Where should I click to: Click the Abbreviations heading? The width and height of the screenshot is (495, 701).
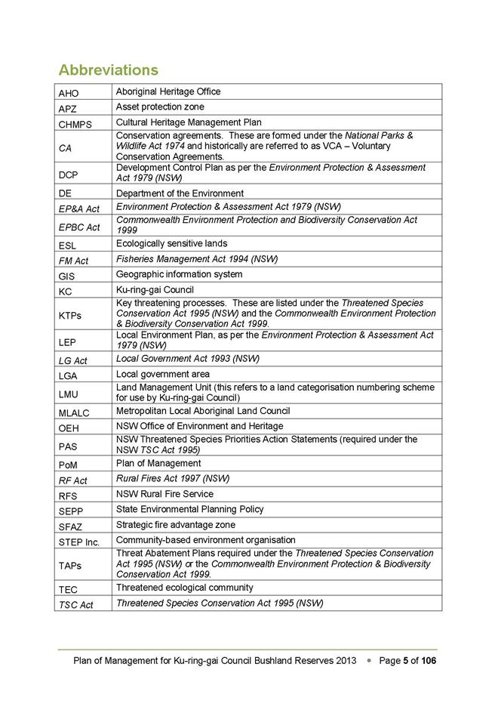(108, 70)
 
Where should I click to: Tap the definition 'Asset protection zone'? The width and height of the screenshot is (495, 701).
(160, 107)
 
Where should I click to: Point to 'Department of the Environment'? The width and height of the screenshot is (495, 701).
(180, 193)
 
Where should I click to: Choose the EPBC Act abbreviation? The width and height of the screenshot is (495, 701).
(78, 227)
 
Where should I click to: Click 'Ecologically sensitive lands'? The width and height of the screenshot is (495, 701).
(171, 244)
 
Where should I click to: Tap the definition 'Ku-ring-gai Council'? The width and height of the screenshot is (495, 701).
(155, 290)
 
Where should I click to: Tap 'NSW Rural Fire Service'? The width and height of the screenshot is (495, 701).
(164, 494)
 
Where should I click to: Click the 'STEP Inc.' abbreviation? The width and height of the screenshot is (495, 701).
(78, 541)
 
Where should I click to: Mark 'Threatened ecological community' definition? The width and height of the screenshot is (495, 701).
(184, 588)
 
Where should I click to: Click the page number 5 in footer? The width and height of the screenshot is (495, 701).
(405, 660)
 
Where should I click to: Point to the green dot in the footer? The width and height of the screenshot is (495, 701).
(367, 660)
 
